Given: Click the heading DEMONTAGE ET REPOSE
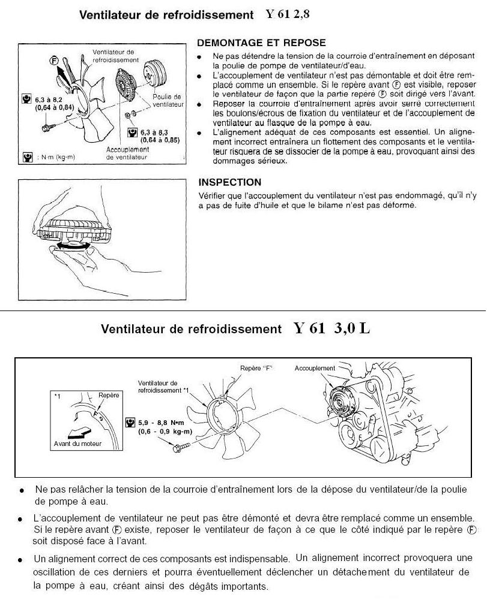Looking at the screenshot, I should click(x=261, y=43).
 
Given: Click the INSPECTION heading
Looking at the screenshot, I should click(x=229, y=182).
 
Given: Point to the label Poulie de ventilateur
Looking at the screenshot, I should click(x=168, y=100).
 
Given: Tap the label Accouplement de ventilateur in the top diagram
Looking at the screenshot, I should click(x=127, y=153).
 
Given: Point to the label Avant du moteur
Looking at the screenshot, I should click(x=74, y=443).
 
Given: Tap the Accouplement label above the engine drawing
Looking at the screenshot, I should click(x=315, y=368).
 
